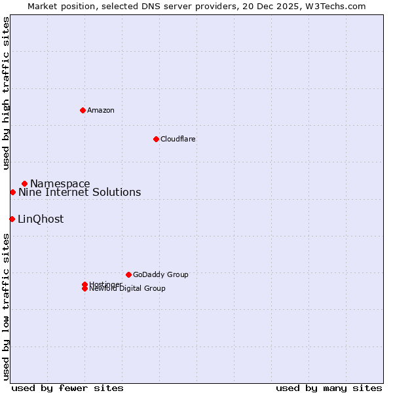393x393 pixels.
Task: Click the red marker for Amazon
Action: click(83, 110)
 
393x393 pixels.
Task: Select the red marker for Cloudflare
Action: click(156, 139)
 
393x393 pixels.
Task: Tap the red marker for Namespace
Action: click(24, 183)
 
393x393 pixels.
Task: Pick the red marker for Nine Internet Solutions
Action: click(12, 192)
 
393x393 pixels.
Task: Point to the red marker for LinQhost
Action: click(12, 219)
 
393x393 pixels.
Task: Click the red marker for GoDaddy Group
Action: click(128, 274)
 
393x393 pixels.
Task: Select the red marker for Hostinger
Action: click(84, 284)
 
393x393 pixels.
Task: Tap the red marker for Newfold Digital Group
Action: click(84, 289)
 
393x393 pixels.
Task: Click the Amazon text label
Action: click(101, 110)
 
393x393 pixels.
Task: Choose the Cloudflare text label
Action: click(178, 139)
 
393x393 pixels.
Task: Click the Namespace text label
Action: click(60, 183)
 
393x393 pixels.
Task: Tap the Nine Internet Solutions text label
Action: click(79, 192)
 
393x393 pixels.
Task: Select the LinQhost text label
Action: click(41, 219)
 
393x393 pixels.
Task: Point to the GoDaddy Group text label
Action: click(160, 274)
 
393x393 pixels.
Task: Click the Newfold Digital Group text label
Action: click(128, 289)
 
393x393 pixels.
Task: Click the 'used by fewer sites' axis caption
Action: click(67, 388)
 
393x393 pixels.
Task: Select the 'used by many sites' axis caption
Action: click(329, 388)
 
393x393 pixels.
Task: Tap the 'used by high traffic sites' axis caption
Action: click(6, 93)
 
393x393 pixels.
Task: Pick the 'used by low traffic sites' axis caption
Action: click(6, 307)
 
